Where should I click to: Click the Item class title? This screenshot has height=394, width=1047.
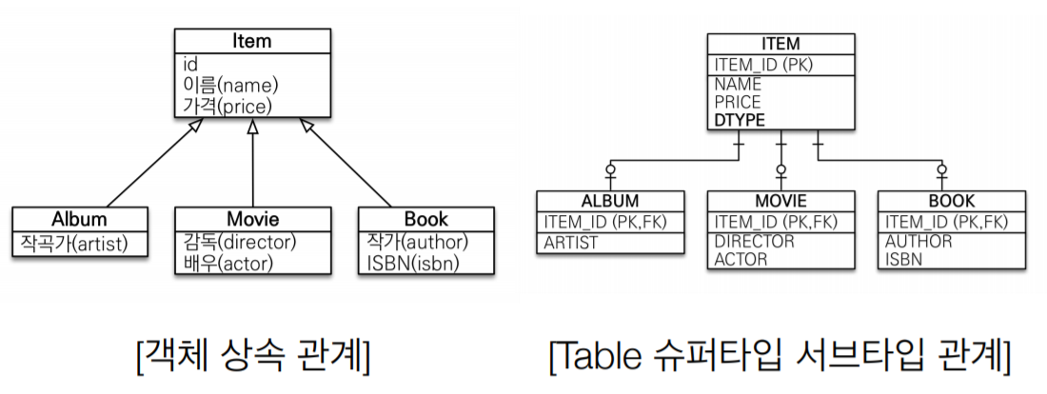(x=252, y=41)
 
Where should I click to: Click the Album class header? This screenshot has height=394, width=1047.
(x=80, y=219)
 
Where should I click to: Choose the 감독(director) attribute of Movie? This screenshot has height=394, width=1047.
(x=240, y=242)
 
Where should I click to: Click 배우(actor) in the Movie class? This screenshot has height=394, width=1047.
(x=227, y=263)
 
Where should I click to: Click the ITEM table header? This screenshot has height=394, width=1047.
(x=780, y=44)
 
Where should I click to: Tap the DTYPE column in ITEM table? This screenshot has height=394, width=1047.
(x=740, y=121)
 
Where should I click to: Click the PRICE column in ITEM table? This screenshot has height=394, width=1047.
(x=738, y=102)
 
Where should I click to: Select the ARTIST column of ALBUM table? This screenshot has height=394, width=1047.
(x=571, y=243)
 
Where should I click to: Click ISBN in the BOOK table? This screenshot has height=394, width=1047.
(x=903, y=259)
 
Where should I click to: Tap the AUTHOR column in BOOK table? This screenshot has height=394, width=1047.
(x=919, y=242)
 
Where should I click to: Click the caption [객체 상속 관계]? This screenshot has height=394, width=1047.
(x=253, y=358)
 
